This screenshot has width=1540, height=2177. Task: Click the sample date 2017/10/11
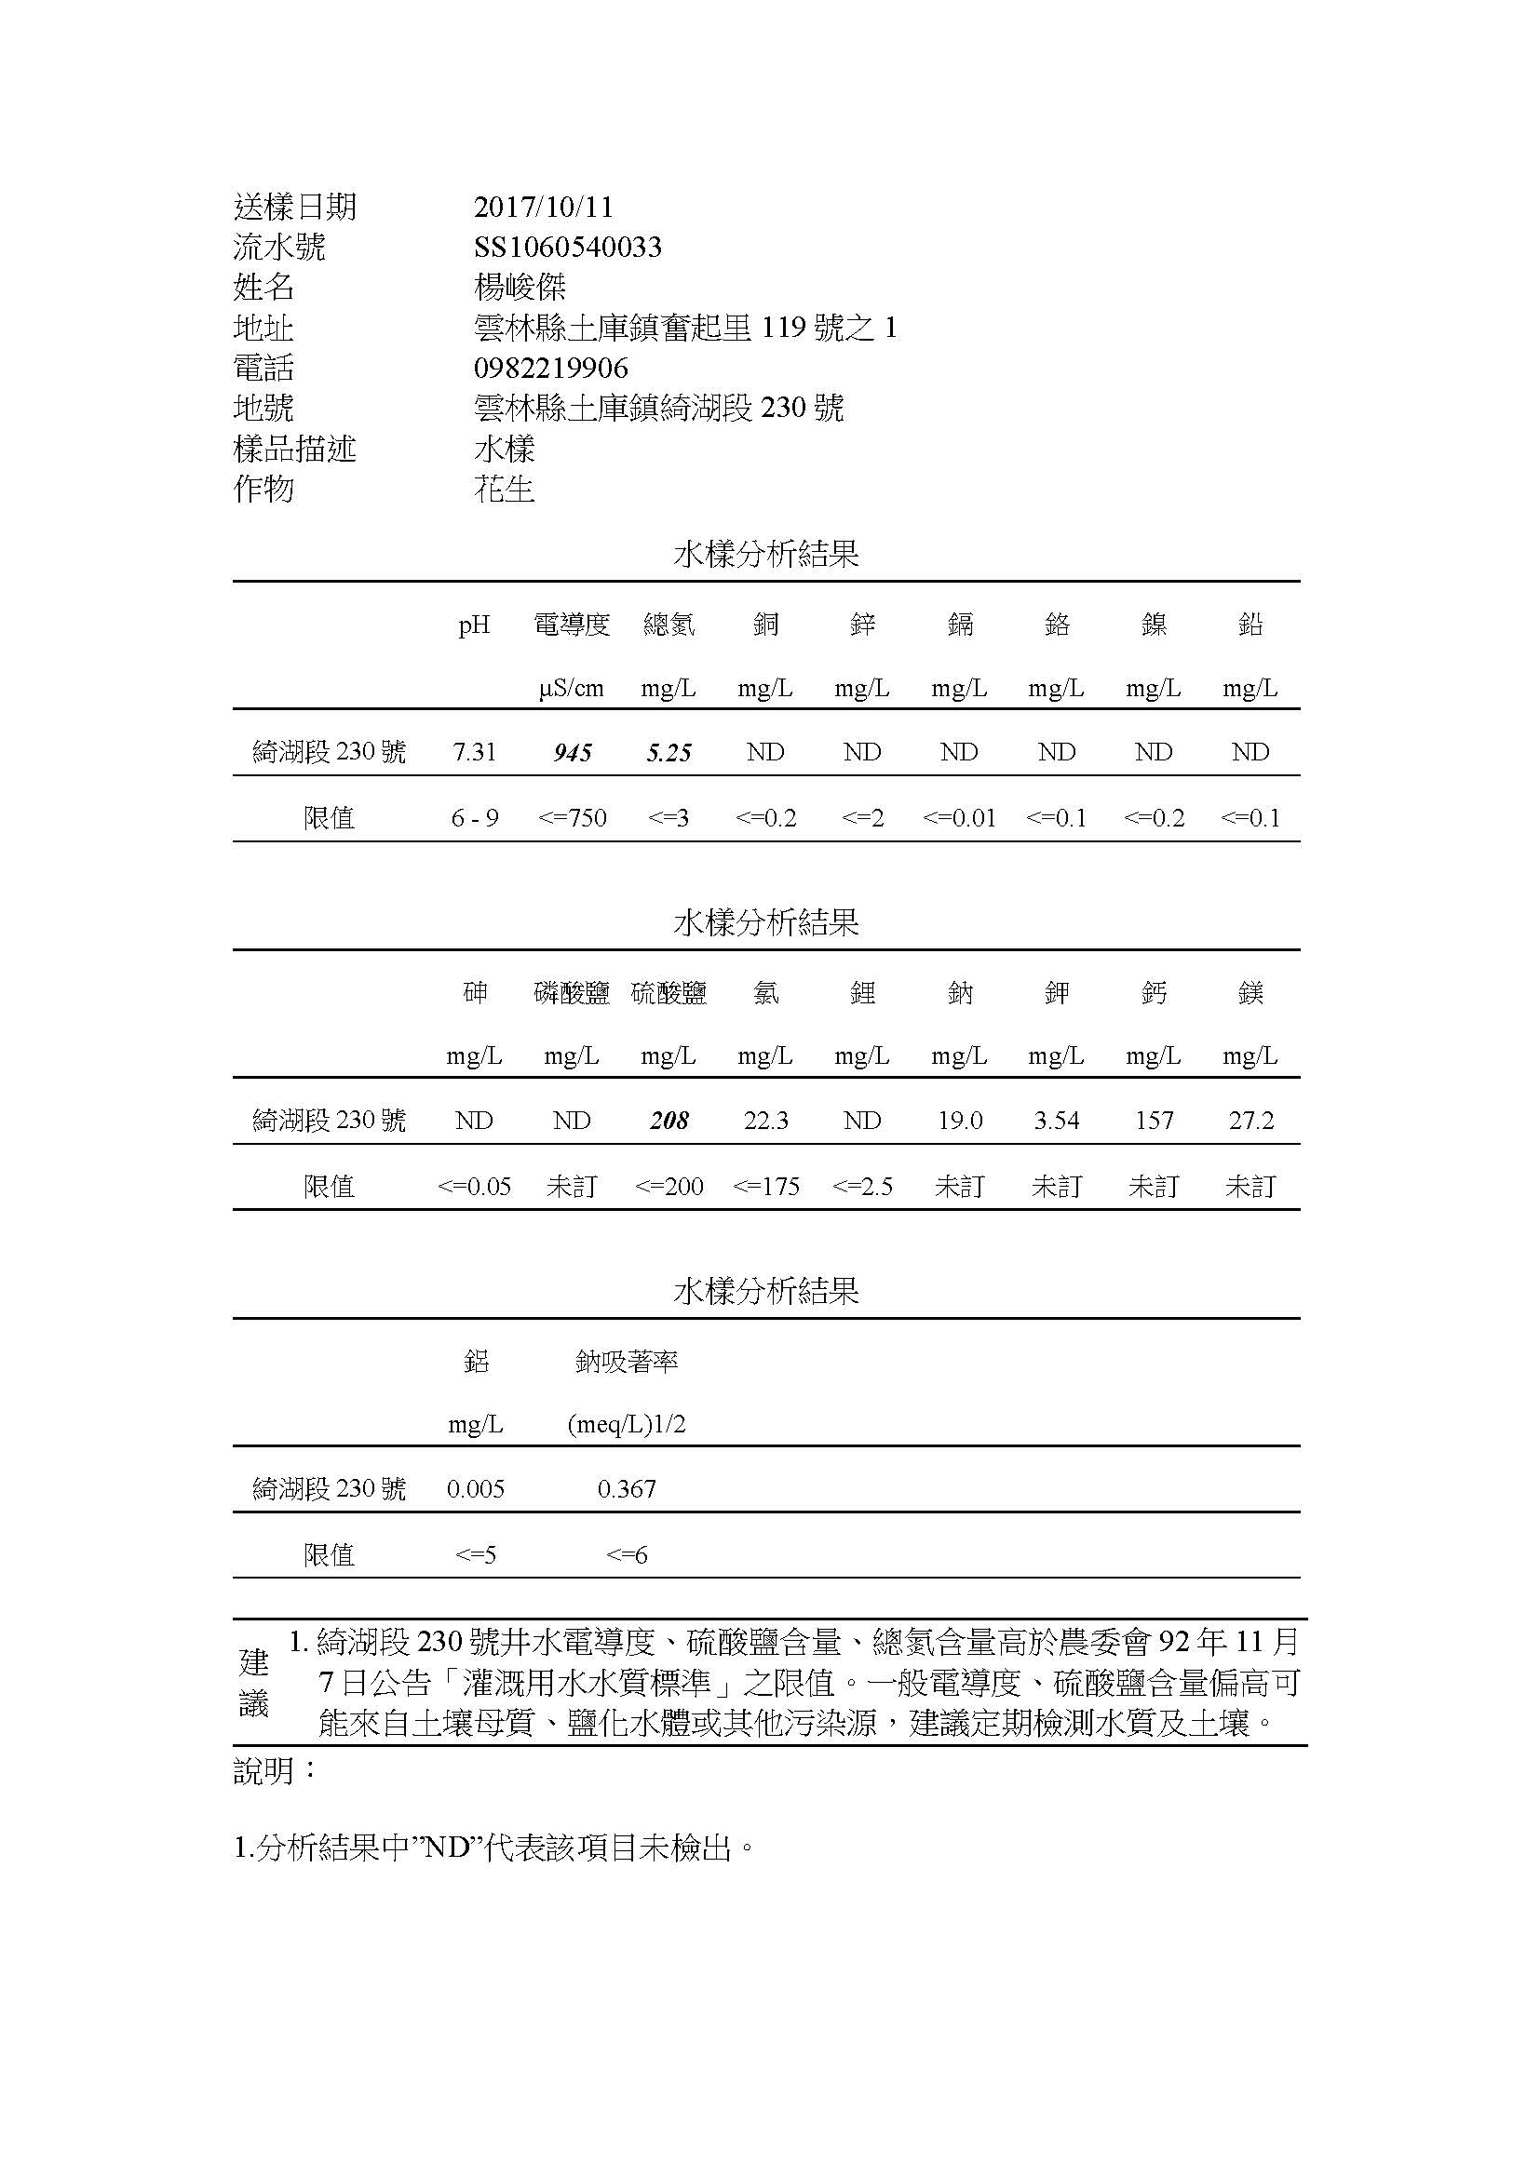pyautogui.click(x=544, y=207)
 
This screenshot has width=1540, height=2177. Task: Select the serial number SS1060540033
pyautogui.click(x=567, y=248)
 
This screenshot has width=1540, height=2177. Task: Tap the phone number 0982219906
pyautogui.click(x=550, y=368)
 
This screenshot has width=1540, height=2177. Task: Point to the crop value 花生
pyautogui.click(x=504, y=490)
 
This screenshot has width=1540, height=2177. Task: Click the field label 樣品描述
pyautogui.click(x=294, y=449)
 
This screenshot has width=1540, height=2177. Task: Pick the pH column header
pyautogui.click(x=474, y=625)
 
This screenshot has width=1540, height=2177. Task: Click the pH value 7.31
pyautogui.click(x=474, y=752)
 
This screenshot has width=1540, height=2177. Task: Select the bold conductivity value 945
pyautogui.click(x=572, y=753)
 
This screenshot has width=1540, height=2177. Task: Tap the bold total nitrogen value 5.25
pyautogui.click(x=669, y=753)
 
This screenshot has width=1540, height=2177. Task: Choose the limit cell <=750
pyautogui.click(x=572, y=817)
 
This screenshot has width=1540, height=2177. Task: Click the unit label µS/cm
pyautogui.click(x=571, y=689)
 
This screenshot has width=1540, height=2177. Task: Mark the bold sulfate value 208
pyautogui.click(x=669, y=1121)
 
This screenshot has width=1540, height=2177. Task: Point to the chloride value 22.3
pyautogui.click(x=765, y=1121)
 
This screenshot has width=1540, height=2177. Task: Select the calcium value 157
pyautogui.click(x=1154, y=1121)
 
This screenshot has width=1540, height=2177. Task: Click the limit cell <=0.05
pyautogui.click(x=474, y=1186)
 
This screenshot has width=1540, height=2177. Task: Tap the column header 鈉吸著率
pyautogui.click(x=626, y=1362)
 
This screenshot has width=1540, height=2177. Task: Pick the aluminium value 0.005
pyautogui.click(x=475, y=1488)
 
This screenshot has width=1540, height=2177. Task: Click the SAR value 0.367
pyautogui.click(x=626, y=1488)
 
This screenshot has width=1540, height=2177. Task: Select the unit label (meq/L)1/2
pyautogui.click(x=626, y=1424)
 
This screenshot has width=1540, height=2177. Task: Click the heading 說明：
pyautogui.click(x=275, y=1770)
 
